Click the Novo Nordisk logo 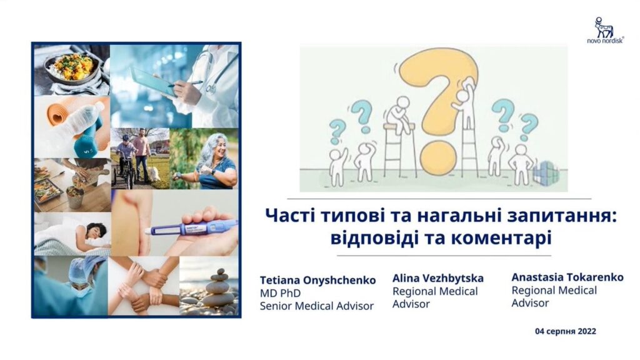point(605,30)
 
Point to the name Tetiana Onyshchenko point(317,281)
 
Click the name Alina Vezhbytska point(438,278)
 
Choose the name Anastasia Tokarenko point(567,277)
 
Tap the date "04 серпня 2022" point(565,331)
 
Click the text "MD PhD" point(281,293)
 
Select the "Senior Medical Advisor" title point(317,306)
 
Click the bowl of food point(74,68)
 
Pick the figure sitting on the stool point(399,115)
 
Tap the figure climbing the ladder point(464,106)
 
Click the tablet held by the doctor point(154,82)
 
